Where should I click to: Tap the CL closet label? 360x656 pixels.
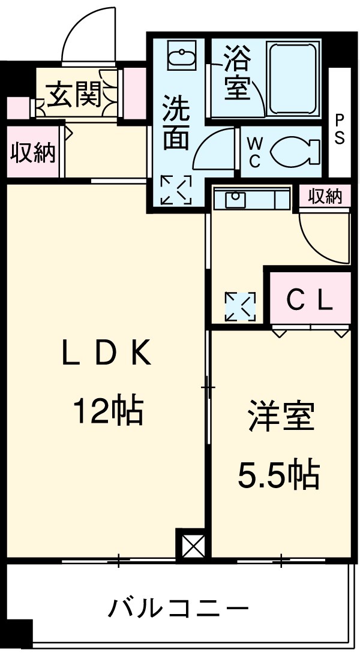pyautogui.click(x=309, y=300)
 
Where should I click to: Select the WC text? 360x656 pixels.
pyautogui.click(x=254, y=152)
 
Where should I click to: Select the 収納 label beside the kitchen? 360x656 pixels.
pyautogui.click(x=325, y=196)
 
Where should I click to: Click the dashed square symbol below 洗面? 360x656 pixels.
pyautogui.click(x=176, y=190)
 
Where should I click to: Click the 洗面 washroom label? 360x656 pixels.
pyautogui.click(x=176, y=123)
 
